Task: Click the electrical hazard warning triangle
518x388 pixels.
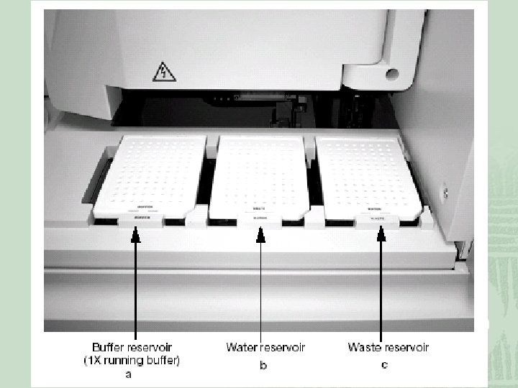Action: click(159, 71)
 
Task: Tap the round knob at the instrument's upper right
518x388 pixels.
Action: click(391, 74)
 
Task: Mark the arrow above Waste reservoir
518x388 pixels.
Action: click(381, 280)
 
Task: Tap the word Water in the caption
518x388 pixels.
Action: click(242, 348)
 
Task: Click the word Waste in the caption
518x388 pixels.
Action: click(364, 348)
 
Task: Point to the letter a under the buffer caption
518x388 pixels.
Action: click(127, 374)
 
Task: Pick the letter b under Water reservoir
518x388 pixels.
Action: click(263, 366)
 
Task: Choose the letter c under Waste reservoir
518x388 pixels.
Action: click(385, 365)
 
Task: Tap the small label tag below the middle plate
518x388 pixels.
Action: click(260, 218)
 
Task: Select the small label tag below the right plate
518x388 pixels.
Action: click(377, 216)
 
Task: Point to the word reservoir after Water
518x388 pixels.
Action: click(283, 348)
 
